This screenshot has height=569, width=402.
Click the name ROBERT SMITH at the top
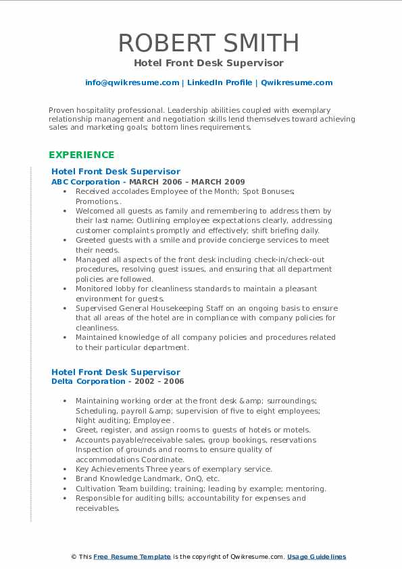[x=209, y=43]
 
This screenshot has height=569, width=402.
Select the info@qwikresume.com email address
[x=132, y=82]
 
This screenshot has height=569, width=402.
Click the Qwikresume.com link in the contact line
[x=297, y=82]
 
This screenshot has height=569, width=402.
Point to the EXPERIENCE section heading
[x=81, y=155]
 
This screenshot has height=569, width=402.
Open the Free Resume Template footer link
[x=132, y=557]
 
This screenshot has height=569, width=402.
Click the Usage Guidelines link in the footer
[x=316, y=557]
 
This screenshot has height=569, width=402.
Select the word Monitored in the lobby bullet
[x=95, y=289]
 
